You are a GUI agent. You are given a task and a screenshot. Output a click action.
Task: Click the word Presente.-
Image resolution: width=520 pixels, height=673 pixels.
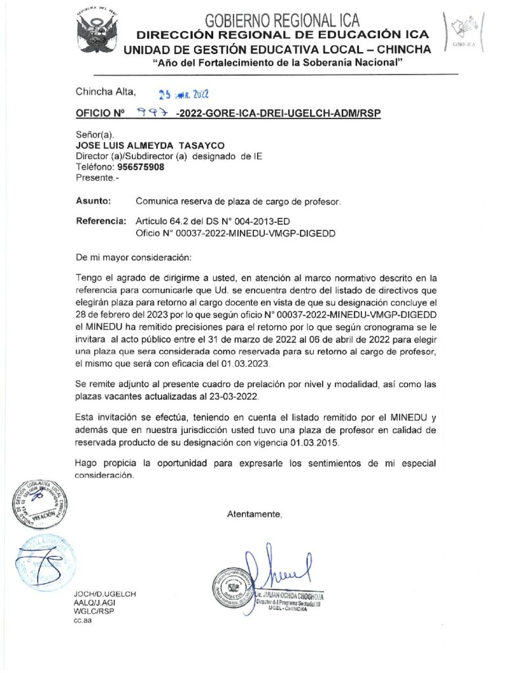(x=97, y=177)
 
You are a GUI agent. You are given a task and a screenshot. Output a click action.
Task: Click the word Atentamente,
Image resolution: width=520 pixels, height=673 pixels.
(x=255, y=513)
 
